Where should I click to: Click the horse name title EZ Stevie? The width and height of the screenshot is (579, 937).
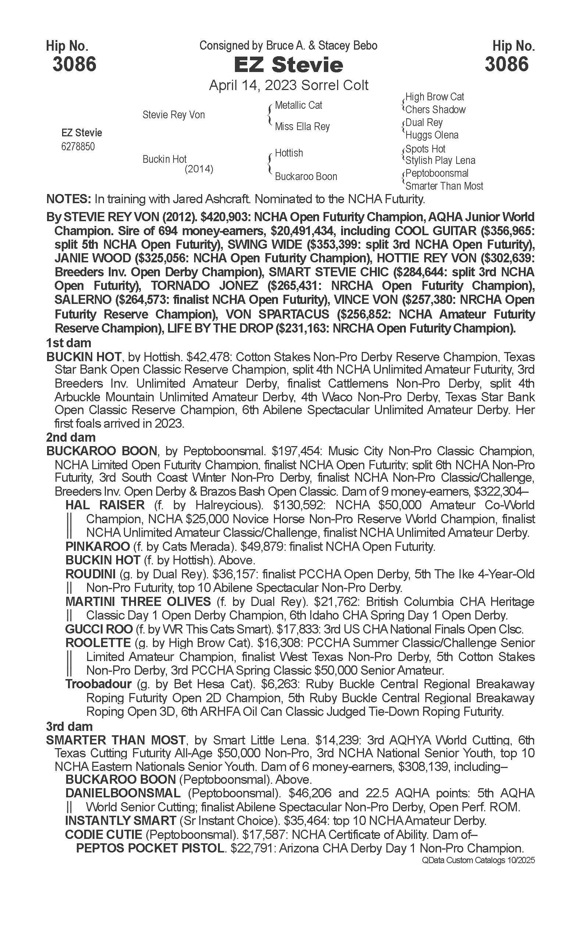click(288, 65)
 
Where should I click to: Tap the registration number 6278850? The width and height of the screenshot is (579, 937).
click(78, 147)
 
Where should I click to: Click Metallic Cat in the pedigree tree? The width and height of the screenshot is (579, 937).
click(298, 105)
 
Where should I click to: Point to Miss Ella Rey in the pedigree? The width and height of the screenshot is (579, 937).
click(302, 126)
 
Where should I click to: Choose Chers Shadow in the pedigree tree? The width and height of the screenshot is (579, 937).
click(435, 110)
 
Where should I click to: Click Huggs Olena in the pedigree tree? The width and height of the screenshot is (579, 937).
click(432, 135)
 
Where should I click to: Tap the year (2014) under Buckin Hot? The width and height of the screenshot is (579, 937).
click(199, 169)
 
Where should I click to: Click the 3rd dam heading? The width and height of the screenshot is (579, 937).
click(69, 726)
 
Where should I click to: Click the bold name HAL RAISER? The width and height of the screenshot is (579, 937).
click(105, 505)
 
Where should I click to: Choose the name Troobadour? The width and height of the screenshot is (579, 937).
click(99, 684)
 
